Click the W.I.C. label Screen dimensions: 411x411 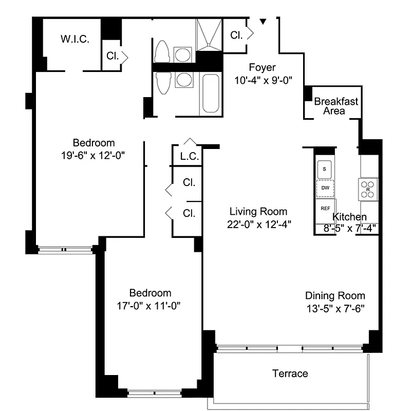click(75, 39)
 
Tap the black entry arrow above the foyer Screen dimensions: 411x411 click(263, 22)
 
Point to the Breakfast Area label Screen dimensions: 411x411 click(336, 106)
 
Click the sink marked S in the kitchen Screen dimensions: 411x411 click(325, 168)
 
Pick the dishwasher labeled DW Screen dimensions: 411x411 click(325, 188)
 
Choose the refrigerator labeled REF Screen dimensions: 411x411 click(325, 208)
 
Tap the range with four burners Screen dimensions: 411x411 click(368, 188)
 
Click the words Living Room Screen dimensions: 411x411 click(258, 211)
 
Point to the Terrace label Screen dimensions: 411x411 click(290, 373)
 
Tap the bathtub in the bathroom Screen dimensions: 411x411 click(211, 94)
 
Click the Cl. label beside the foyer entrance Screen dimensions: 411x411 click(236, 35)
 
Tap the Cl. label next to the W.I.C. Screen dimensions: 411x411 click(113, 56)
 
